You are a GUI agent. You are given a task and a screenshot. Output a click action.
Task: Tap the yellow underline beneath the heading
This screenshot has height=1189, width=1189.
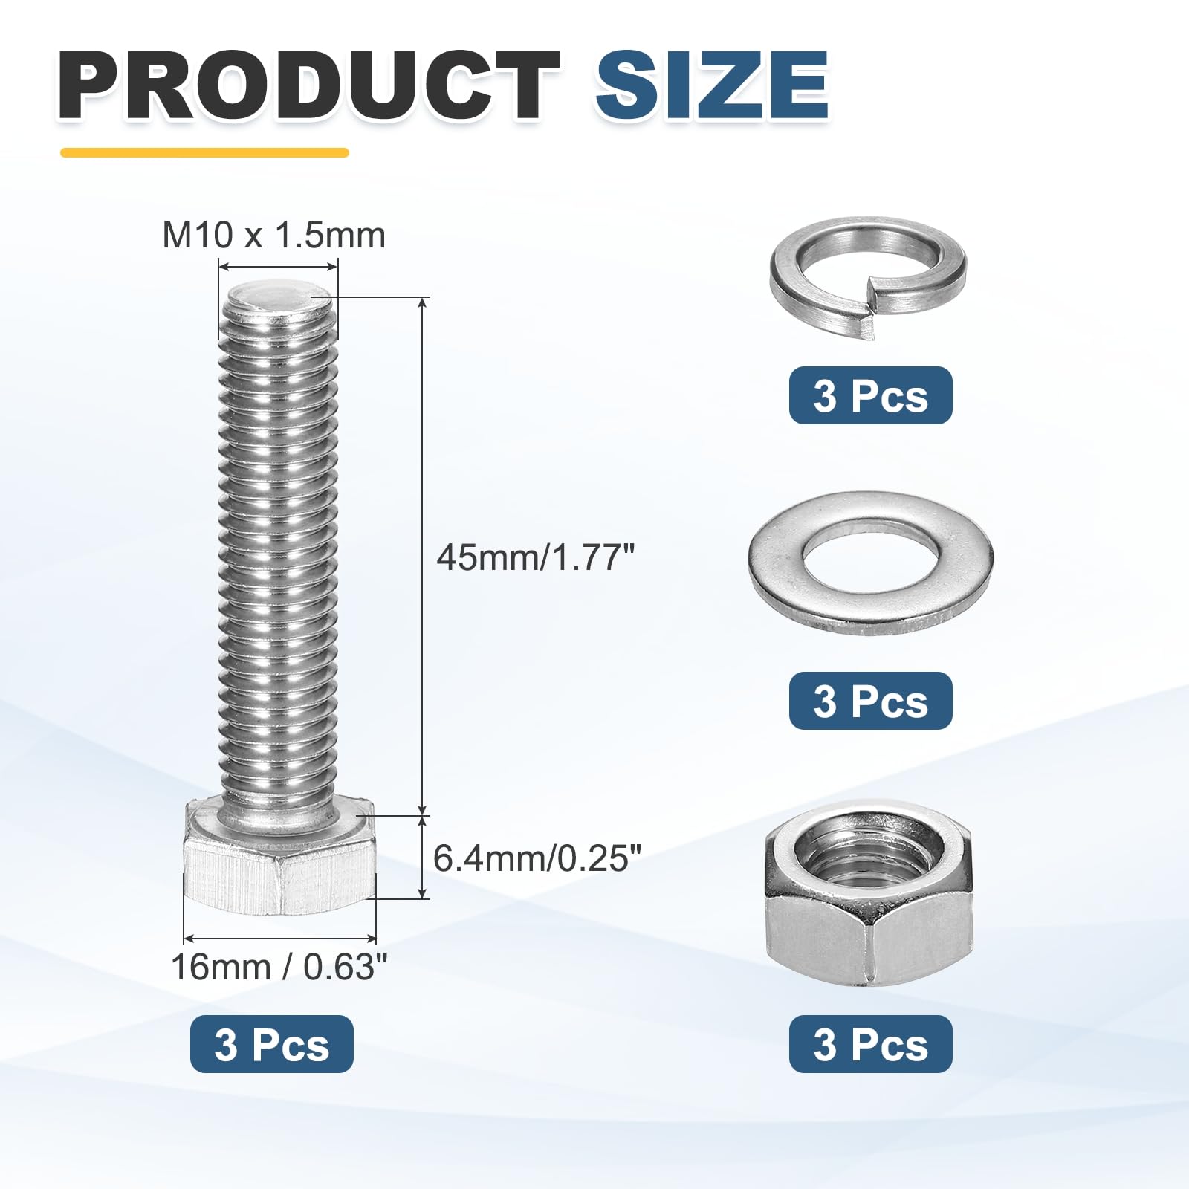click(204, 153)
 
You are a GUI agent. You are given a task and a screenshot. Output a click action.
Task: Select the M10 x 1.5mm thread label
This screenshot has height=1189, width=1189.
click(274, 236)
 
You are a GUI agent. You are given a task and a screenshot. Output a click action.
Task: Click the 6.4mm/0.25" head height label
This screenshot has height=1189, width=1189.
click(537, 858)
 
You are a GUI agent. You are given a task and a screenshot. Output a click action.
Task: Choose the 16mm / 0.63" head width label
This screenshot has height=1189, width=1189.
click(279, 967)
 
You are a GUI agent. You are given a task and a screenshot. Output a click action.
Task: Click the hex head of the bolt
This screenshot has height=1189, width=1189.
click(279, 856)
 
